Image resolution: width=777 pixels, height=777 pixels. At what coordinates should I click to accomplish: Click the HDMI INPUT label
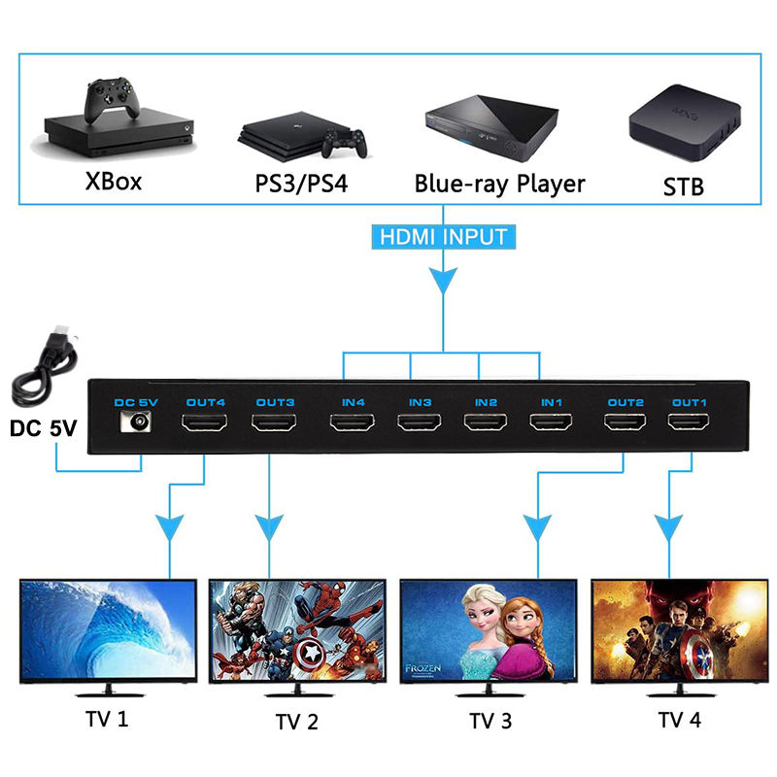[442, 236]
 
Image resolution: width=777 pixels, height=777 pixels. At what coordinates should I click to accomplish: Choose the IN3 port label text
[419, 401]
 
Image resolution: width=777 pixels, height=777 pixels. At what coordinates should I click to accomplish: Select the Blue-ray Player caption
[499, 184]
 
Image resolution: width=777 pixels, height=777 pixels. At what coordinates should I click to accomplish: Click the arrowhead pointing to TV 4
[666, 530]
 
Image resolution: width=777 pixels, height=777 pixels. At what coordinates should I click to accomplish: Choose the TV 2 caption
[296, 722]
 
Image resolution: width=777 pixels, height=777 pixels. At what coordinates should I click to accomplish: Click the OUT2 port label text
[625, 401]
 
